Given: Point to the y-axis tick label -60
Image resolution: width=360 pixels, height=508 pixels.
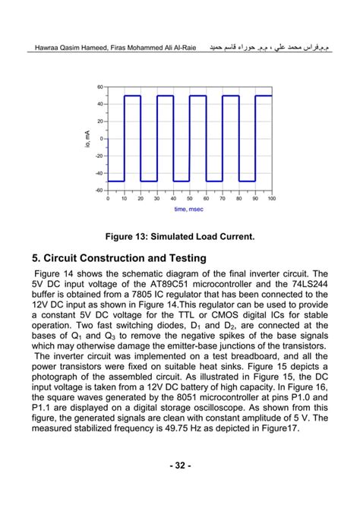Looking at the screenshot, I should (99, 190).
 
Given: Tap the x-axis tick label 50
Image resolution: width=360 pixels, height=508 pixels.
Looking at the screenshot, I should (190, 198).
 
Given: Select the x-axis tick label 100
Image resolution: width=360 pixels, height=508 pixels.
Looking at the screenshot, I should (271, 198).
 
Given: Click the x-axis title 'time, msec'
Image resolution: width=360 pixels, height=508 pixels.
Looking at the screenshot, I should (189, 208).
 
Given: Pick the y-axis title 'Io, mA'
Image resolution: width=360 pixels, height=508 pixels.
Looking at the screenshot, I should (89, 138).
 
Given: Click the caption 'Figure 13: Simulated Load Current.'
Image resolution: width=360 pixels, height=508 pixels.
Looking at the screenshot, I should (179, 237).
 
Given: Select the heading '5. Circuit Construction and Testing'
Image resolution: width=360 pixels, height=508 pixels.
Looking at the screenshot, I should (119, 259).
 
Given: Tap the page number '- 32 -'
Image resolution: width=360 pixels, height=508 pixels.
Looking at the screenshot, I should (180, 464).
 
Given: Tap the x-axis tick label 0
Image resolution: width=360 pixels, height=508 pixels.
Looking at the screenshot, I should (108, 198).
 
